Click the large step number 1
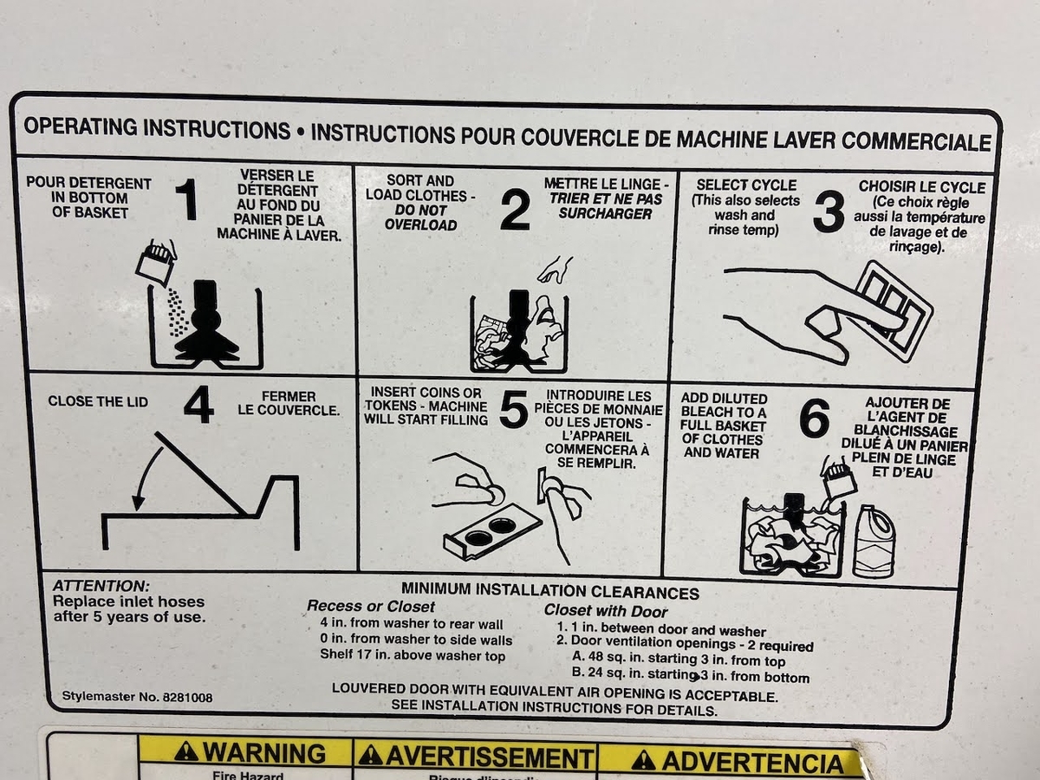coord(187,199)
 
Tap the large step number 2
coord(515,211)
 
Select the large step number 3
coord(829,211)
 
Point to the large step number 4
coord(199,405)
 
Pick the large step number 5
coord(514,409)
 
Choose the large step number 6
coord(814,417)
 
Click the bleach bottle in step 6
coord(874,542)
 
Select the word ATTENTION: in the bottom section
coord(101,586)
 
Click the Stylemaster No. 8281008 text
coord(138,697)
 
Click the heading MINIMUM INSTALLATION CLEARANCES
coord(550,591)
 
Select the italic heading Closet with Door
coord(606,611)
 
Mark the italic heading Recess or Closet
coord(371,606)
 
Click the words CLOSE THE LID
coord(98,401)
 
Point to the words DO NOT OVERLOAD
coord(420,218)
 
